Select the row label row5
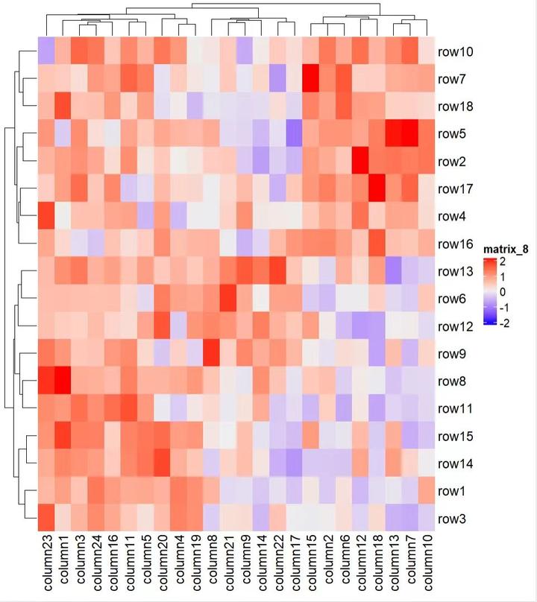451,135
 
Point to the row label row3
451,519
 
